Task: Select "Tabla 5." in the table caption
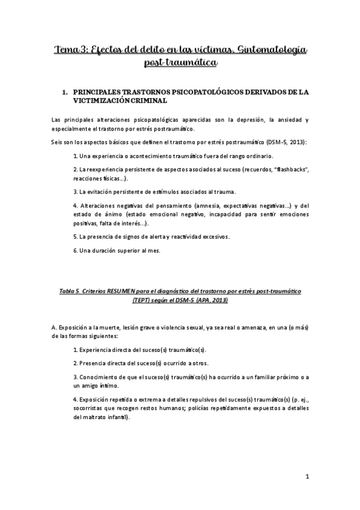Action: (71, 290)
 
